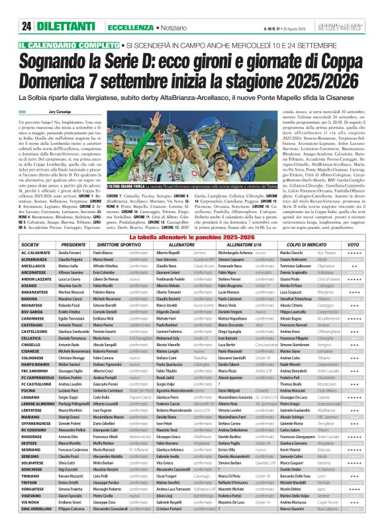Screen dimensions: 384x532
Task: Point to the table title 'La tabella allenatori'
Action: tap(191, 236)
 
